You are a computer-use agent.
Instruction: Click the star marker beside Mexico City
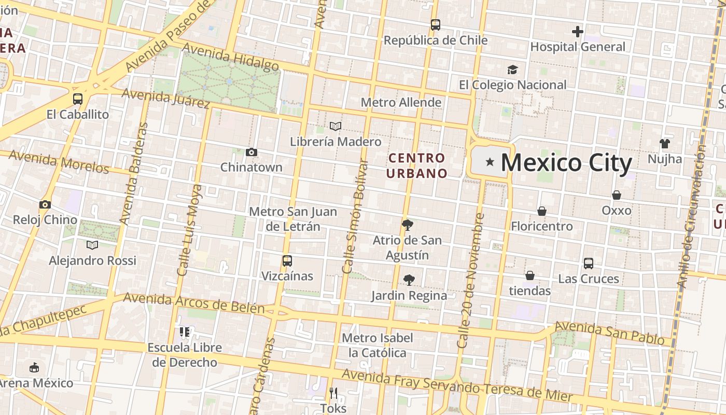pyautogui.click(x=490, y=163)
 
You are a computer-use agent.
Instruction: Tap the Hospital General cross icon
pyautogui.click(x=578, y=32)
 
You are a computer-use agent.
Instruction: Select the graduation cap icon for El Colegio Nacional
pyautogui.click(x=512, y=70)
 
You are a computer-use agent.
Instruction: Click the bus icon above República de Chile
pyautogui.click(x=436, y=24)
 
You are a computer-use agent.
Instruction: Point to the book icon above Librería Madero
pyautogui.click(x=336, y=126)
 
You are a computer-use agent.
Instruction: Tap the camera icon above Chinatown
pyautogui.click(x=252, y=152)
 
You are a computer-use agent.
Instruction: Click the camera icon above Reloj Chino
pyautogui.click(x=45, y=204)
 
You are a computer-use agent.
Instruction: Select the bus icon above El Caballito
pyautogui.click(x=78, y=99)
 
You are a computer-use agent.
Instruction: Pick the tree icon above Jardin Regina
pyautogui.click(x=409, y=280)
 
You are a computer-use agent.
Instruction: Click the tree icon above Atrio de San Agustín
pyautogui.click(x=407, y=225)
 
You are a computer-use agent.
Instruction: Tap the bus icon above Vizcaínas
pyautogui.click(x=287, y=260)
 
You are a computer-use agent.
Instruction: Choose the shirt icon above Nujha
pyautogui.click(x=665, y=143)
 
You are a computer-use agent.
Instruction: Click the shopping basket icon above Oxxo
pyautogui.click(x=617, y=195)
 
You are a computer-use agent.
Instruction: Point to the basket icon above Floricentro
pyautogui.click(x=541, y=211)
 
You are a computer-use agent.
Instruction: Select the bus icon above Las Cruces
pyautogui.click(x=589, y=263)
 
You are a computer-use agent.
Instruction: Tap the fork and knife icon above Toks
pyautogui.click(x=333, y=393)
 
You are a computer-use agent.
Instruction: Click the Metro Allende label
pyautogui.click(x=401, y=102)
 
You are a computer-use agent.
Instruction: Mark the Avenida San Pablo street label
pyautogui.click(x=609, y=333)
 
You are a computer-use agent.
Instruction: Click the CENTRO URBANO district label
pyautogui.click(x=416, y=165)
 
